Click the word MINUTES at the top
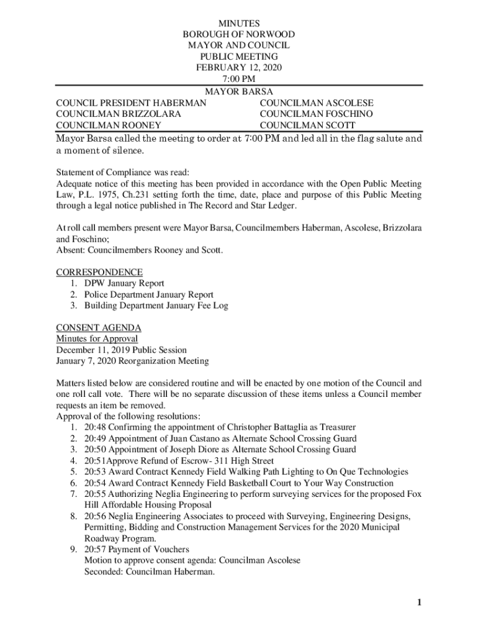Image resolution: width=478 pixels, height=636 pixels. point(239,24)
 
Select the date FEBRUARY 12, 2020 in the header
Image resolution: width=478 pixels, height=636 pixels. point(239,68)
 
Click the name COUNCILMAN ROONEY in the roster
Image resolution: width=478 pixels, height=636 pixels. point(109,125)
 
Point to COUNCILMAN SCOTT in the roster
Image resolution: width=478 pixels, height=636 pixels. point(307,125)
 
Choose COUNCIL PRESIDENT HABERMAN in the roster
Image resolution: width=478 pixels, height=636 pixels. point(131,103)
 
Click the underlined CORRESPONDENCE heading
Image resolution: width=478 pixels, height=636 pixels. point(99,272)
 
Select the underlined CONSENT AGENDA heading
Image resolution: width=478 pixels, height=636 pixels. point(99,327)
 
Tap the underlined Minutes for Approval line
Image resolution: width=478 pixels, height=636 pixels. point(97,338)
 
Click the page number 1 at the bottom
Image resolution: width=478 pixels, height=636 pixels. point(420,602)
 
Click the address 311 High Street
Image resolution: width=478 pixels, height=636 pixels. point(245,461)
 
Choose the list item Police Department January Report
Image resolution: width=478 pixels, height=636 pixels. point(149,294)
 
